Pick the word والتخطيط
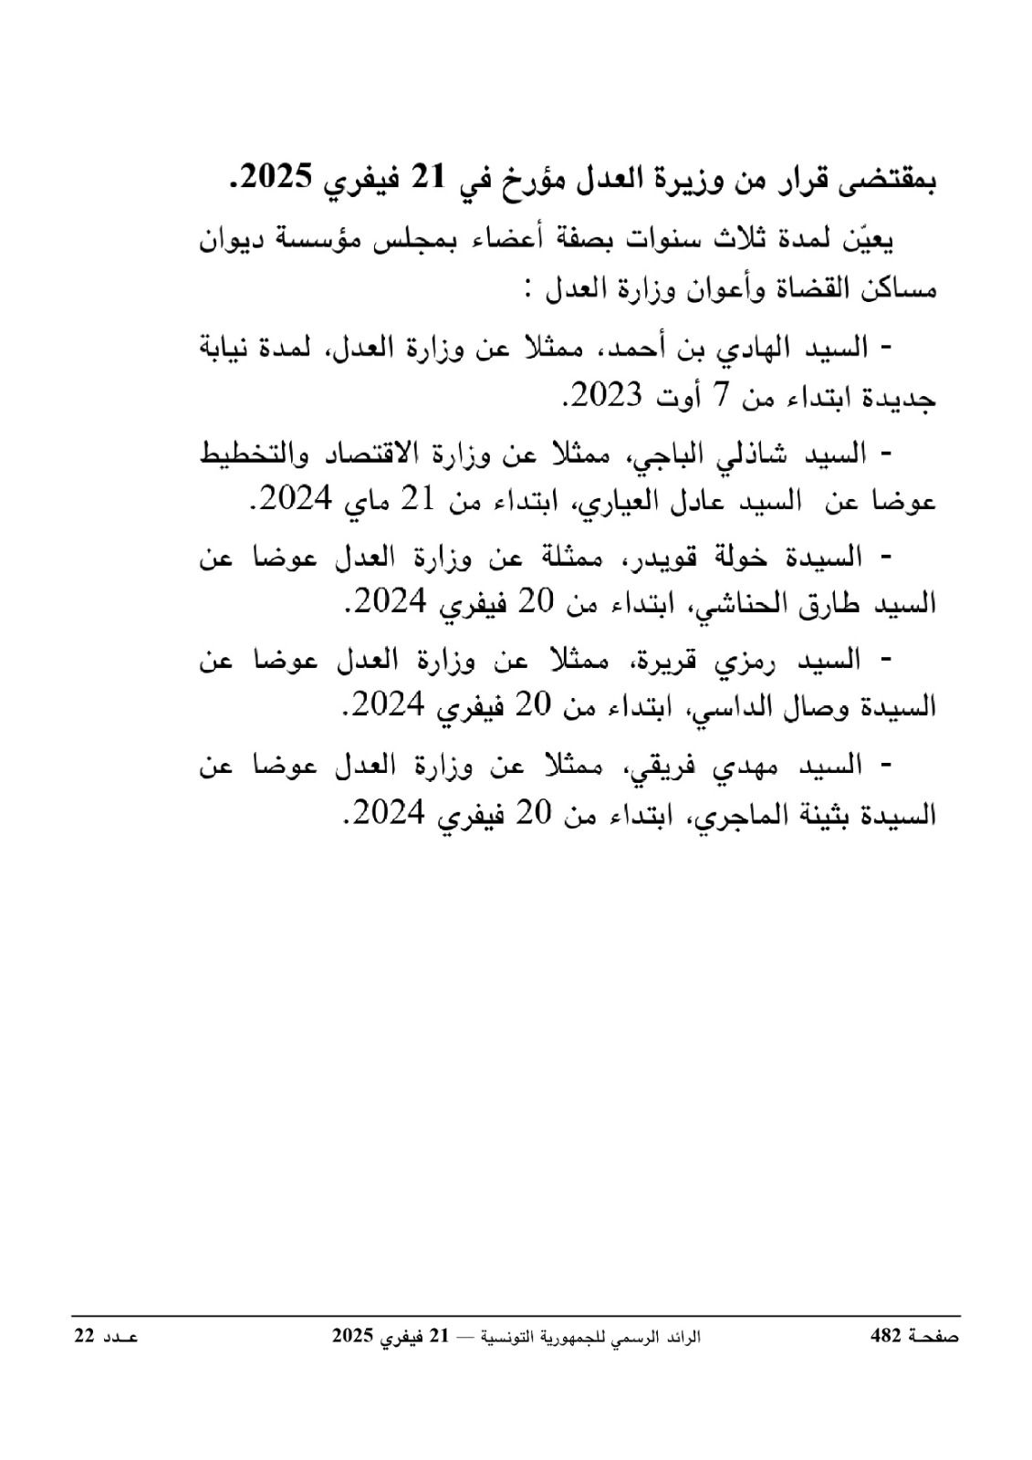[245, 454]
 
